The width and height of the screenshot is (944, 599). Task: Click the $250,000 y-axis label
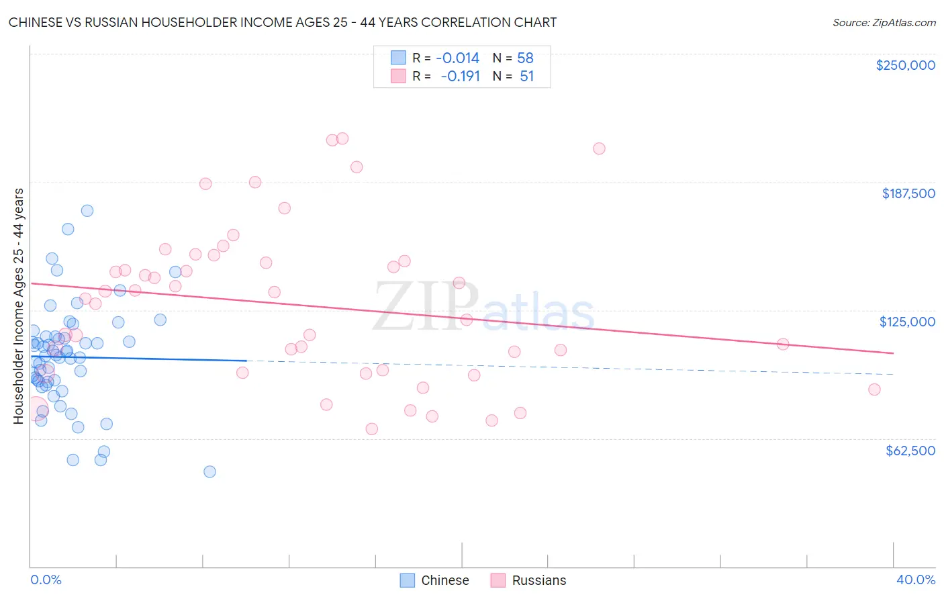pos(905,65)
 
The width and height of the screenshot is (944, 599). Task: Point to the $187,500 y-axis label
pos(908,193)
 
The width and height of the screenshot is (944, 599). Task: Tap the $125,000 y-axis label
pos(907,322)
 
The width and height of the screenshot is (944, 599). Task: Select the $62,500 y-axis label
pos(910,451)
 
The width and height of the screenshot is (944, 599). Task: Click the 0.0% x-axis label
pos(46,580)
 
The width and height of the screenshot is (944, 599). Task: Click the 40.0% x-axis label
pos(915,580)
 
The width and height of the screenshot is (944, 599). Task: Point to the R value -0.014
pos(457,58)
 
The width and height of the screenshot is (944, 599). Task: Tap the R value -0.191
pos(460,77)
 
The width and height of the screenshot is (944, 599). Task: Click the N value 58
pos(525,58)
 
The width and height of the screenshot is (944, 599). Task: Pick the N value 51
pos(526,77)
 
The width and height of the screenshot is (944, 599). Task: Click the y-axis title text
pos(18,306)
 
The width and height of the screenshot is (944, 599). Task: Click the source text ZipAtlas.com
pos(884,23)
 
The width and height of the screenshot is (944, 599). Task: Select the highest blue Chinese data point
pos(87,210)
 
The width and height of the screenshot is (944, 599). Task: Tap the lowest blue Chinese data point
pos(209,471)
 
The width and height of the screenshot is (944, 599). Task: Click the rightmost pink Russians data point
pos(874,389)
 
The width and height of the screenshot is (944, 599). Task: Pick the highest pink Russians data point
pos(342,138)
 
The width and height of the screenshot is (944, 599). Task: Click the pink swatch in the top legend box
pos(398,77)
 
